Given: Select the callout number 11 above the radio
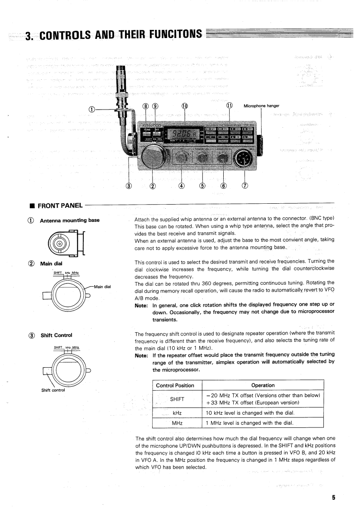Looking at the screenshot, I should coord(230,106).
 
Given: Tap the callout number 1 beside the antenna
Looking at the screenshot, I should coord(92,109).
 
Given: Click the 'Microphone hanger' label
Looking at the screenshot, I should coord(261,106).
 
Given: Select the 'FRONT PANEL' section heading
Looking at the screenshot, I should coord(60,205).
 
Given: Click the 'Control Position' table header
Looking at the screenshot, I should coord(175,385).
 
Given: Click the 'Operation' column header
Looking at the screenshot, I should coord(263,385).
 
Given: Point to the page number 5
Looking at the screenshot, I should coord(333,498).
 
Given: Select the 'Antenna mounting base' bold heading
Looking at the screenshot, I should coord(70,221).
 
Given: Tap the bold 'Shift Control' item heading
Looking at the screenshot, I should coord(57,335).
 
